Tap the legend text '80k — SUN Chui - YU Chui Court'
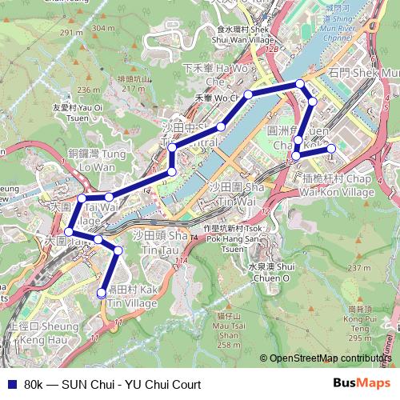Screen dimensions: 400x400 [x=112, y=385]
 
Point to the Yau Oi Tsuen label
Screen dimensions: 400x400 [x=78, y=111]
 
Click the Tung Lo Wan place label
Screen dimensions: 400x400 [x=92, y=160]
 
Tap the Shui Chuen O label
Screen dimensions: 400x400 [x=266, y=273]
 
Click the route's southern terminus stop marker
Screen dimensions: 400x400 [x=102, y=294]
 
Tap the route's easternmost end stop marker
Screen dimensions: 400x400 [x=330, y=148]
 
